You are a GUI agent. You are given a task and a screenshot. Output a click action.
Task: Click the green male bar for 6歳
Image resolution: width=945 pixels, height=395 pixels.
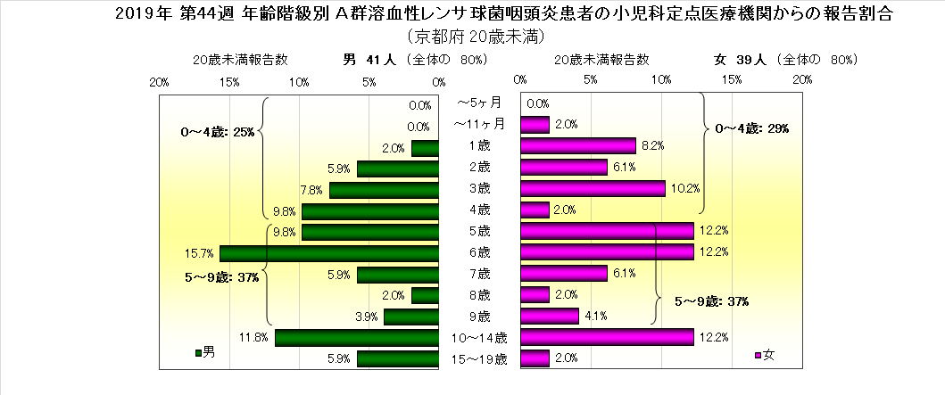click(x=329, y=253)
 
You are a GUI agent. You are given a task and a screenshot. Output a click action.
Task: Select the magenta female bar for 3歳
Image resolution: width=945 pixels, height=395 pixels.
click(x=593, y=189)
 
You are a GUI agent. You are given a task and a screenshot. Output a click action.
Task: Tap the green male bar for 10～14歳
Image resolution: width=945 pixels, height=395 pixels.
click(x=357, y=338)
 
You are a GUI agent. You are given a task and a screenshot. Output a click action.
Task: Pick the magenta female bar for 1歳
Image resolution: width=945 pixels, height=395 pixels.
click(x=578, y=145)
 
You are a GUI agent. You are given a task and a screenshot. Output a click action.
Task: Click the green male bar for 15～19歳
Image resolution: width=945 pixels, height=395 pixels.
click(x=398, y=359)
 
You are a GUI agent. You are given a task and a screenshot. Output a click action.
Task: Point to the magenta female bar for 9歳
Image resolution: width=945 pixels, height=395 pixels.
click(x=550, y=317)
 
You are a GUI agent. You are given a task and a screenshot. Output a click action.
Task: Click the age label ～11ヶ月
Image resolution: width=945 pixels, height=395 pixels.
click(x=479, y=124)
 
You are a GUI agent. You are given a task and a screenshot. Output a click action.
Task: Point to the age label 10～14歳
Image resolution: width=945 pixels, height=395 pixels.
click(x=479, y=338)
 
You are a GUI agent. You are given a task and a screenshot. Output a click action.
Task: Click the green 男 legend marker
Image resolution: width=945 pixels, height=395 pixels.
click(x=198, y=353)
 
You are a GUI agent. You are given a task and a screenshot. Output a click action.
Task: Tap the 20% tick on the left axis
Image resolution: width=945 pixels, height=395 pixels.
click(x=160, y=82)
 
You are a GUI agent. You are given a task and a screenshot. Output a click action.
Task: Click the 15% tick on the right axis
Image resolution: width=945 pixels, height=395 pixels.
click(x=731, y=82)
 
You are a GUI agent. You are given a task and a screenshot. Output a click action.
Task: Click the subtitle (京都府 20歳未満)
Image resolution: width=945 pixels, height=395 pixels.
click(x=474, y=37)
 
